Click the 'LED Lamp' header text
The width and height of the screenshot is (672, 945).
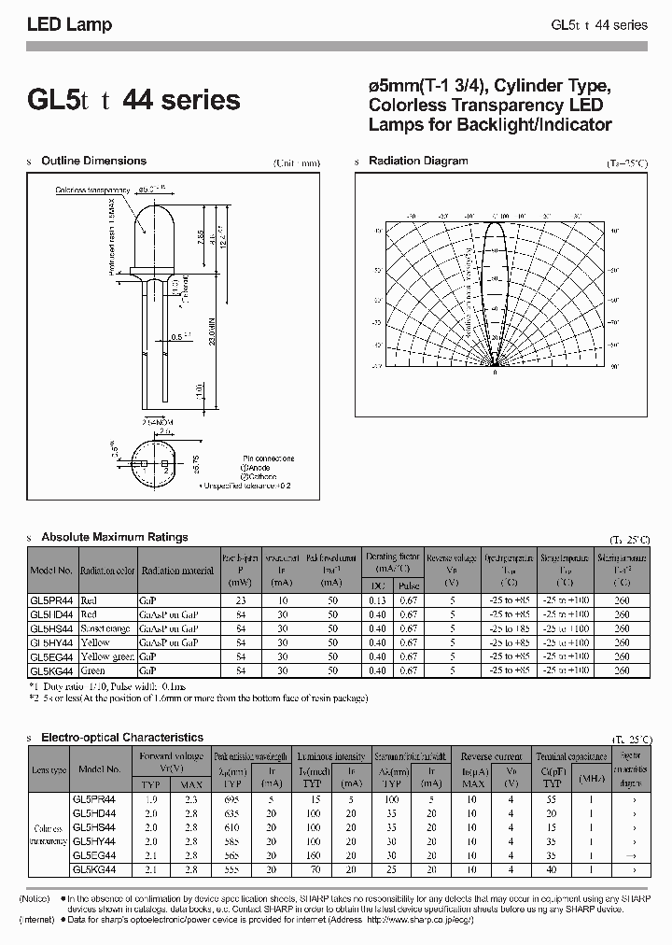pyautogui.click(x=69, y=25)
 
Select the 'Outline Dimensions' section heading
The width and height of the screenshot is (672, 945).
pyautogui.click(x=93, y=161)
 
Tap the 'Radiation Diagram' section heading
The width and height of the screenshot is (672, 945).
pyautogui.click(x=418, y=161)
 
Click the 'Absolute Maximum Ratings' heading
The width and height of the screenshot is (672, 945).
pyautogui.click(x=115, y=537)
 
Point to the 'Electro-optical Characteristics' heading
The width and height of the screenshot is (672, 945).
pyautogui.click(x=122, y=737)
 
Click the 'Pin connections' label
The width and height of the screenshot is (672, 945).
pyautogui.click(x=266, y=458)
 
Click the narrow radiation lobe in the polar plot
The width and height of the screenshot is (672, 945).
pyautogui.click(x=497, y=280)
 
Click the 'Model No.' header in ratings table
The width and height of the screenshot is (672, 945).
pyautogui.click(x=51, y=571)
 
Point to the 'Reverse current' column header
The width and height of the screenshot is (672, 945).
pyautogui.click(x=493, y=755)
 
